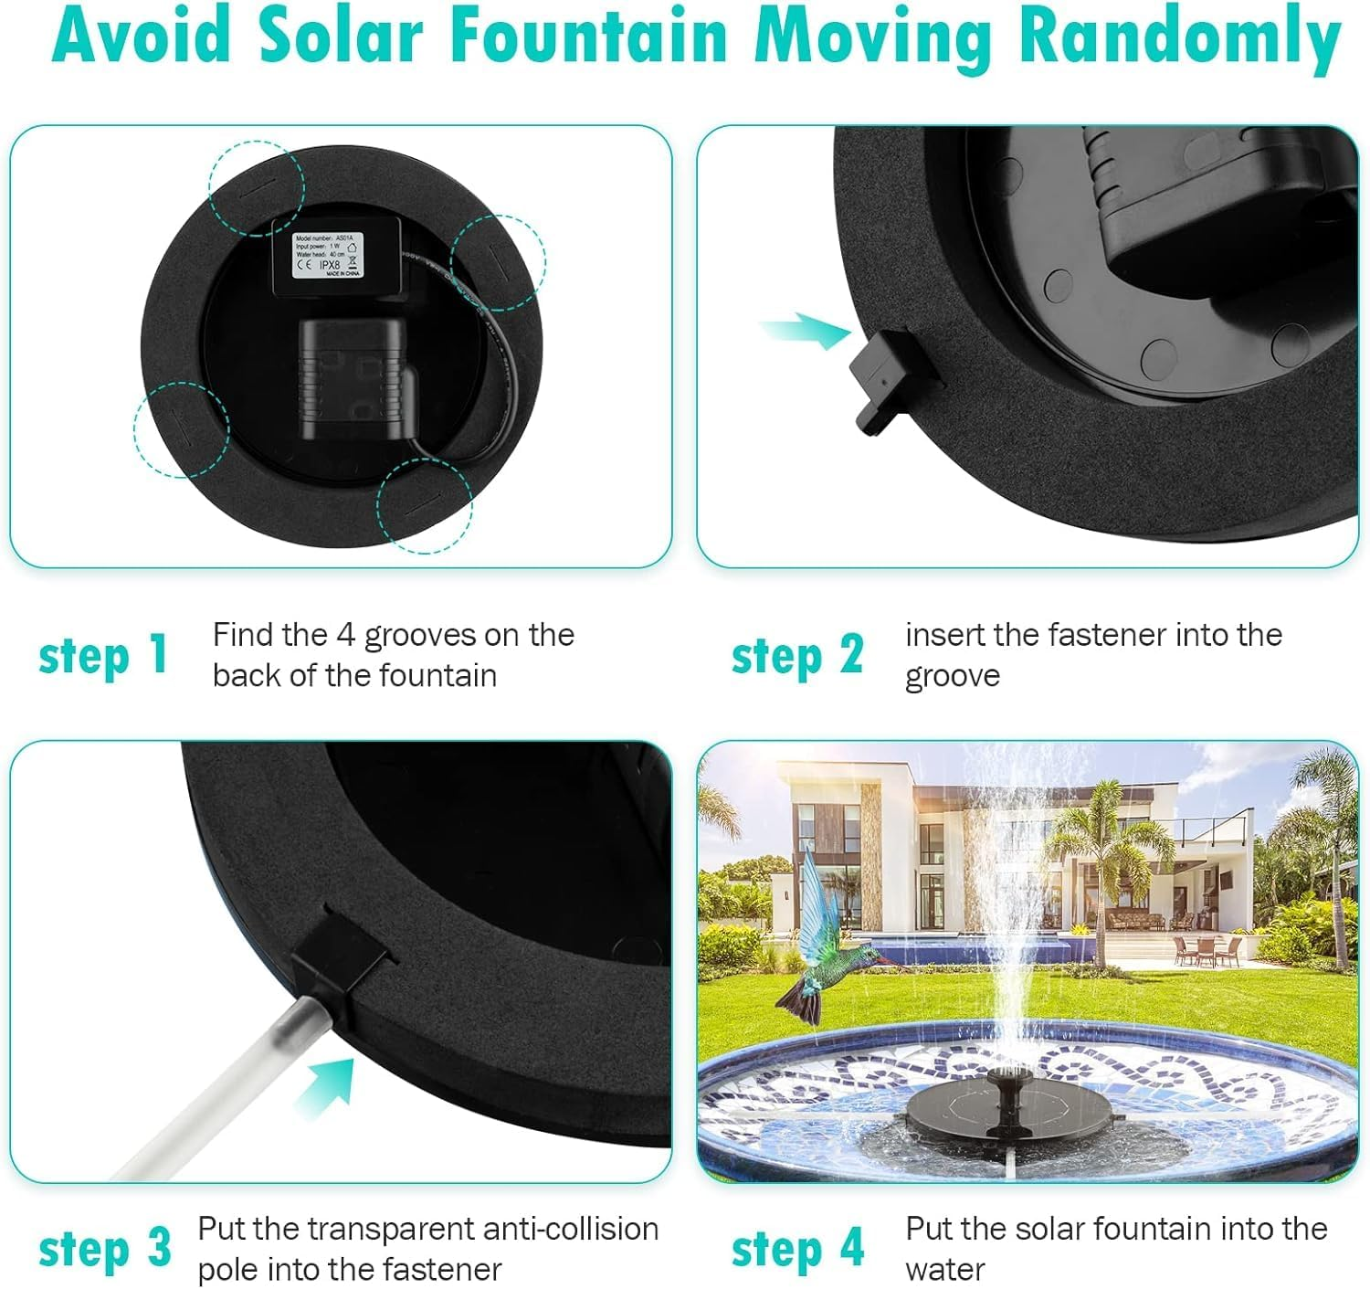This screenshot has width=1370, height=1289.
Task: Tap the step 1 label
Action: (103, 655)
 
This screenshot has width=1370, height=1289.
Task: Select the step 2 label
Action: (797, 655)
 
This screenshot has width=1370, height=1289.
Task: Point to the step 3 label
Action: (104, 1248)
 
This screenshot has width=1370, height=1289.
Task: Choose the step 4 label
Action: (797, 1248)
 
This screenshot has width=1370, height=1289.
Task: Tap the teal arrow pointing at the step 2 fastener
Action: (804, 330)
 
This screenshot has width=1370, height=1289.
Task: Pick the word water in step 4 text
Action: (944, 1269)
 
